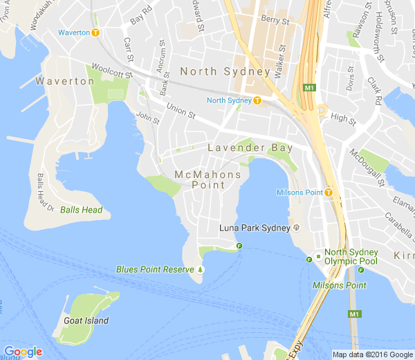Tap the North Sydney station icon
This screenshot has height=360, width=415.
pos(257,100)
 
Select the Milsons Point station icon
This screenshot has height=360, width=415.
pos(329,192)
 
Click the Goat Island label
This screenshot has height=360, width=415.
pos(86,321)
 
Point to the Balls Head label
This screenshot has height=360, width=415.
pos(81,210)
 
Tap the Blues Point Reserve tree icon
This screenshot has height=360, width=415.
pos(201,269)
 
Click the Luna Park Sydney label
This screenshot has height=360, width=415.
pos(254,228)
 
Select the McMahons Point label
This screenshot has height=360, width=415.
pos(208,179)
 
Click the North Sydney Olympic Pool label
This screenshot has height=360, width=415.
pos(351,257)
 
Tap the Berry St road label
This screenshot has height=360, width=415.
pos(275,21)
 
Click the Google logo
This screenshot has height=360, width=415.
pos(22,352)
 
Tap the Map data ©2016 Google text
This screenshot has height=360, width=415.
pos(372,354)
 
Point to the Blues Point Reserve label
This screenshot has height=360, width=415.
pos(156,269)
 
